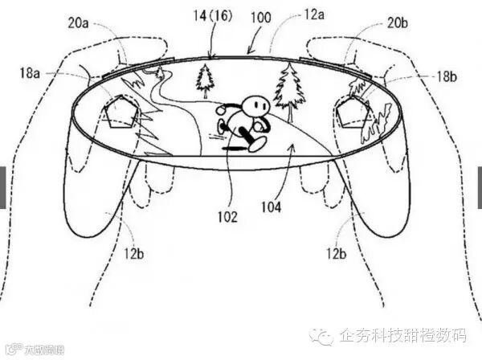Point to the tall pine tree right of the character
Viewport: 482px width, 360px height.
tap(287, 84)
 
